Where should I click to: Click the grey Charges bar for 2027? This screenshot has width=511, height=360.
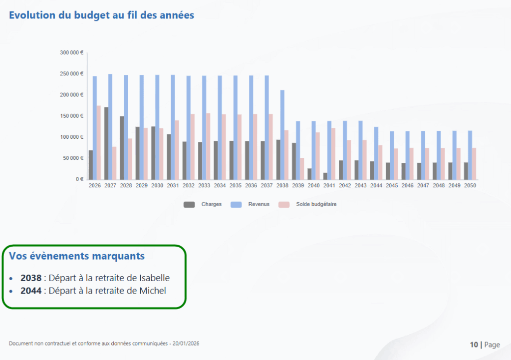(106, 143)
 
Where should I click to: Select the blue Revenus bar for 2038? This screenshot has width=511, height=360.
(282, 135)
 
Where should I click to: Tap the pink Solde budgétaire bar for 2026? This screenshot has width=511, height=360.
(98, 142)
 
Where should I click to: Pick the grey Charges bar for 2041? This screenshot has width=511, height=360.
(325, 176)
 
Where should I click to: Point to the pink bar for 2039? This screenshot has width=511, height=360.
(302, 169)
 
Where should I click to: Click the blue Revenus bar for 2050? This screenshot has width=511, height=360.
(470, 155)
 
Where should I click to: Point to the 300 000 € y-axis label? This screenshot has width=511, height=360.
(71, 52)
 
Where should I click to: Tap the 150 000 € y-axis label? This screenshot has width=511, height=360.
(71, 116)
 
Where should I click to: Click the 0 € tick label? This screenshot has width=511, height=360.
(78, 179)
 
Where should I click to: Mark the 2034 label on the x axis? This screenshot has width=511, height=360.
(220, 186)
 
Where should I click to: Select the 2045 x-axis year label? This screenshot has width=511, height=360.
(392, 186)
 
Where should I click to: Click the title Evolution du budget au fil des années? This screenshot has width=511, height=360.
(101, 15)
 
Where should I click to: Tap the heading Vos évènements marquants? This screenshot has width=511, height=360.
(77, 256)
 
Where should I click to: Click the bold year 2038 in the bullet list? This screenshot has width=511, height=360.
(31, 278)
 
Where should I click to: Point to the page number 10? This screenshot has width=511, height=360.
(474, 345)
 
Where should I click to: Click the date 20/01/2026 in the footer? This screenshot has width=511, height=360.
(186, 344)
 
